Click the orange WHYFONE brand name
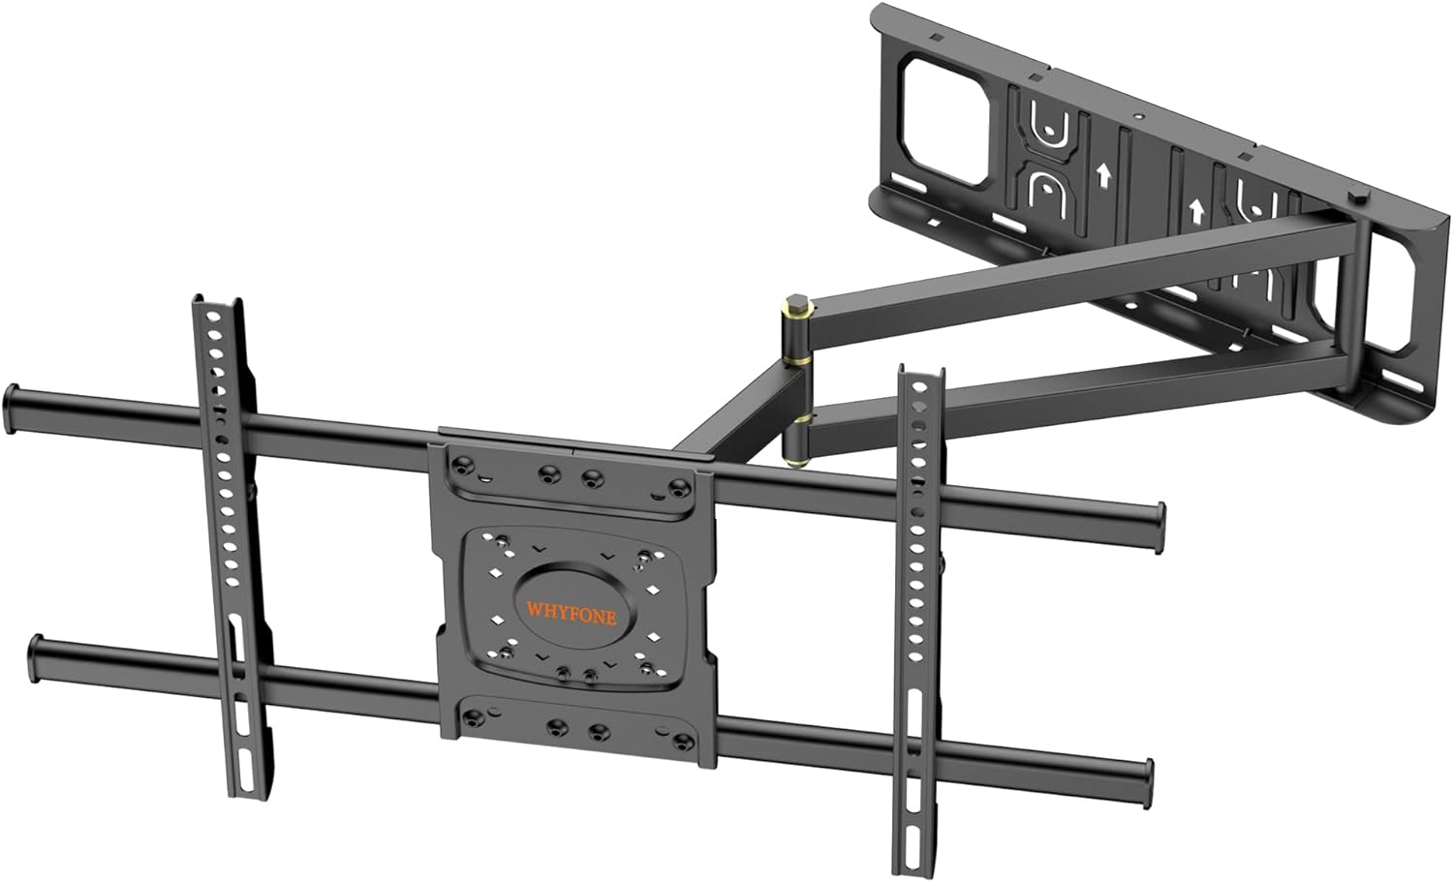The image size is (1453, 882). point(571,613)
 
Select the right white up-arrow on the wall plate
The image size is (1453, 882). point(1197,208)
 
